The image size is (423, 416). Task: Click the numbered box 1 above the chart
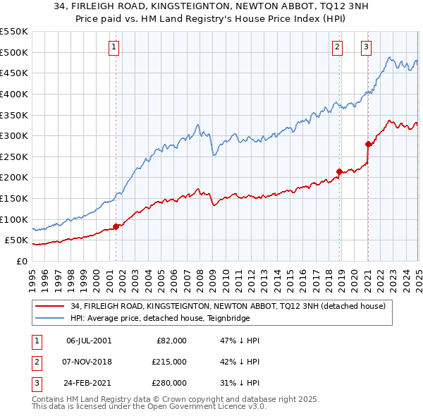point(114,47)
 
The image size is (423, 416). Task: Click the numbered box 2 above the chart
point(338,47)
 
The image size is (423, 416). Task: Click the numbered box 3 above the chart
point(367,47)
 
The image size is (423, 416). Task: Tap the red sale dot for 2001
point(116,226)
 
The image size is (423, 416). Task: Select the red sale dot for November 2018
point(339,171)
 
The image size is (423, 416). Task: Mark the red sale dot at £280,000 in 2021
point(368,144)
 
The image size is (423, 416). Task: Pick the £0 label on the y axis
point(20,261)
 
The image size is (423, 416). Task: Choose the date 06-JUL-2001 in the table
point(88,341)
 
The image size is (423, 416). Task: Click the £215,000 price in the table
point(169,362)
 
